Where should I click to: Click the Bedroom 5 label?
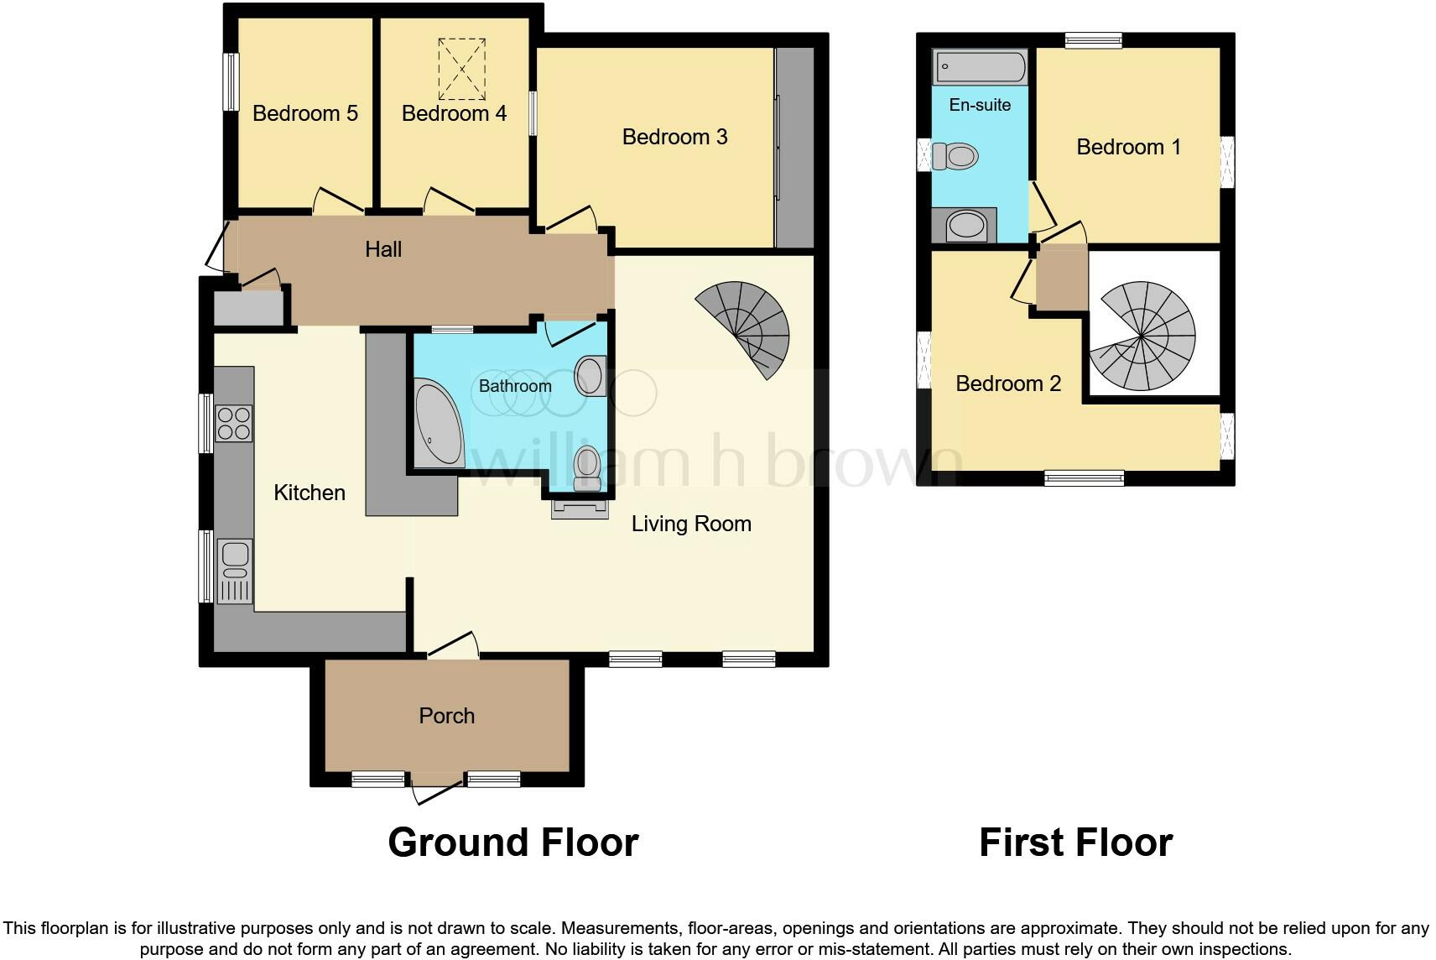tap(304, 113)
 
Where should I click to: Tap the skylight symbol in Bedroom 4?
tap(461, 69)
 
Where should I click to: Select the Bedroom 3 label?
tap(674, 137)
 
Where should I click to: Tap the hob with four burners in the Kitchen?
tap(234, 423)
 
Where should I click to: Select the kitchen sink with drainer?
tap(235, 571)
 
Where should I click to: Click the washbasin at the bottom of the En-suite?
tap(965, 225)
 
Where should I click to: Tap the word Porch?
tap(446, 716)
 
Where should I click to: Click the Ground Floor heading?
tap(512, 842)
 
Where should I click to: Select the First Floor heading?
tap(1075, 842)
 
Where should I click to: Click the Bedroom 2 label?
tap(1008, 383)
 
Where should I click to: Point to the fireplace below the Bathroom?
tap(580, 509)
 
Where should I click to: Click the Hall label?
tap(383, 249)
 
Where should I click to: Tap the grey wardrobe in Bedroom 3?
tap(795, 147)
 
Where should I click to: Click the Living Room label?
tap(691, 524)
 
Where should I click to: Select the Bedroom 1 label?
tap(1128, 147)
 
